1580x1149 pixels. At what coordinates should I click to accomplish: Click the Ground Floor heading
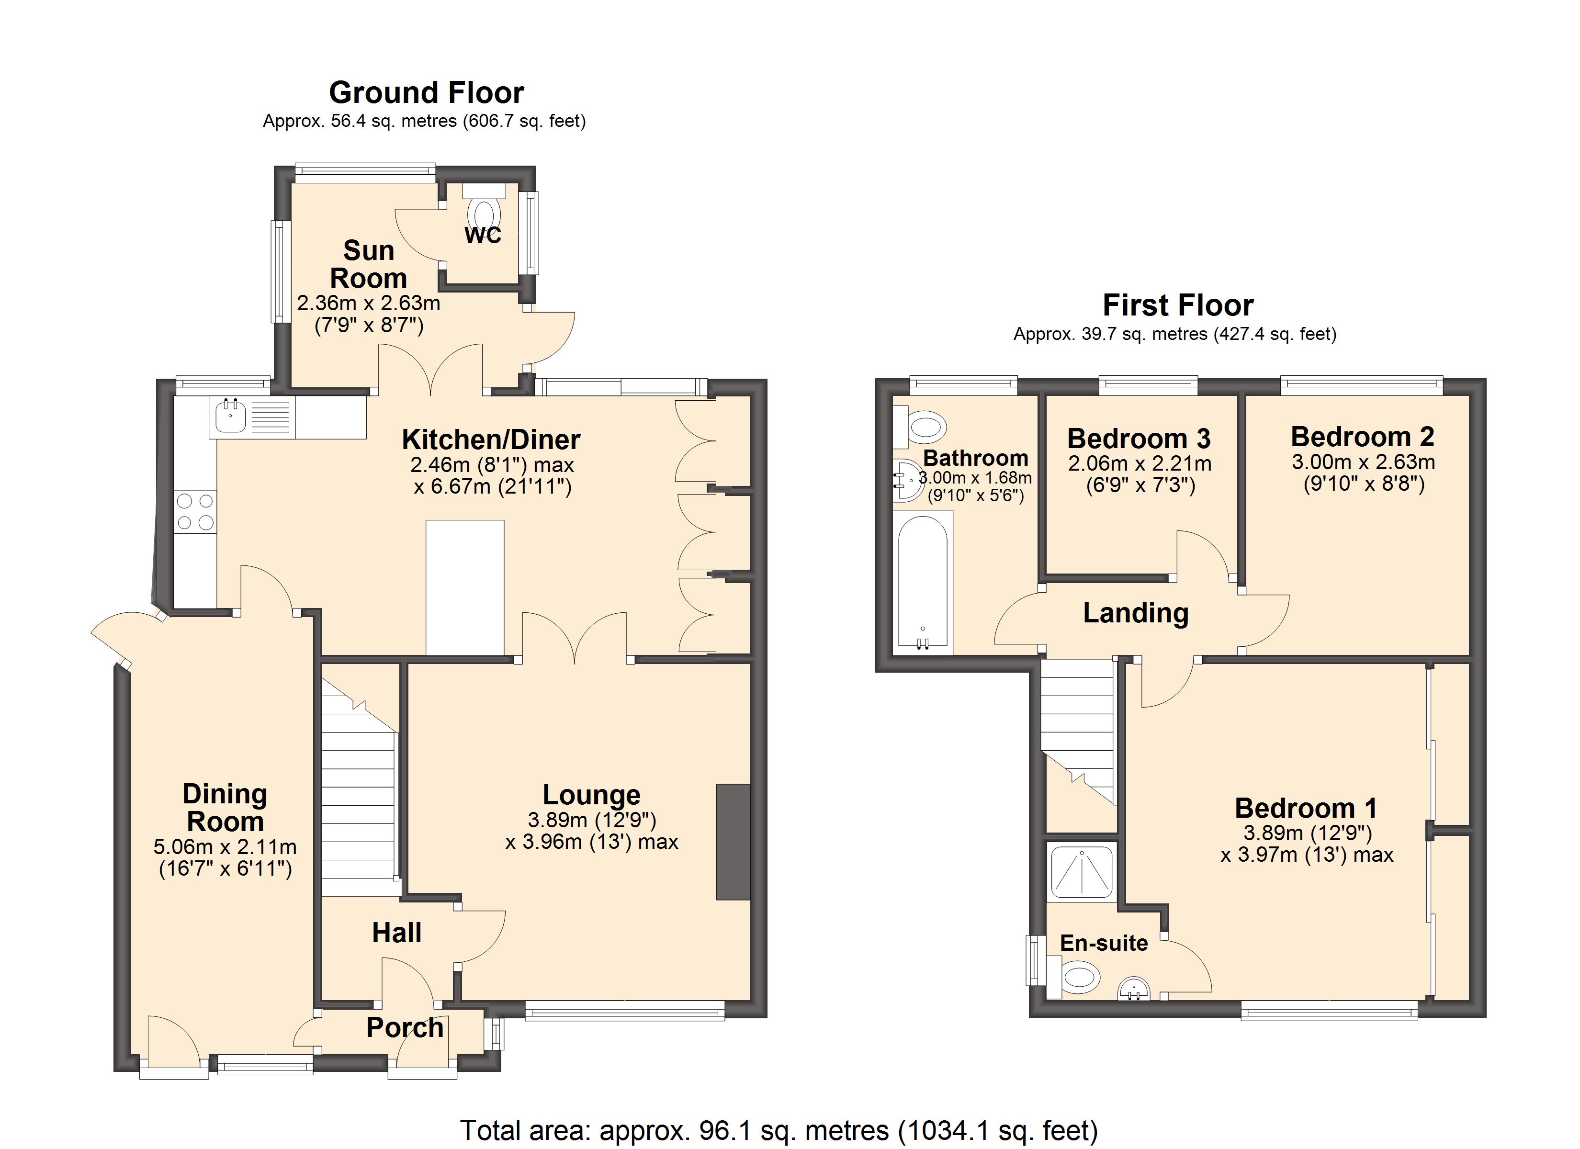click(x=426, y=93)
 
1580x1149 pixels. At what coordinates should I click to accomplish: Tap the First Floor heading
click(x=1178, y=305)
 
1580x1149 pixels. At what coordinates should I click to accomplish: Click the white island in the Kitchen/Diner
click(x=465, y=587)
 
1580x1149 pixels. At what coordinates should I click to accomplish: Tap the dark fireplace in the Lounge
click(x=734, y=842)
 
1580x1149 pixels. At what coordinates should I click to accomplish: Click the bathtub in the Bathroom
click(x=922, y=582)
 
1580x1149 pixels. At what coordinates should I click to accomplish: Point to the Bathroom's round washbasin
click(x=908, y=480)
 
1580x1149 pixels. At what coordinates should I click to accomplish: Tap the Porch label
click(x=405, y=1028)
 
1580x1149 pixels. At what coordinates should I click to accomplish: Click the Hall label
click(x=396, y=933)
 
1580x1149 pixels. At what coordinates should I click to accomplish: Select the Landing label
click(x=1136, y=613)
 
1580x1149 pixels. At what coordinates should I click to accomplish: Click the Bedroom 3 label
click(x=1139, y=439)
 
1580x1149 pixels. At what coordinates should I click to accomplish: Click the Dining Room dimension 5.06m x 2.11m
click(x=225, y=847)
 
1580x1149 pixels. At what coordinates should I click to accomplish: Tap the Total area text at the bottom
click(x=779, y=1130)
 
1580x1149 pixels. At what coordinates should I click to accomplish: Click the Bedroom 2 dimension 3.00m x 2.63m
click(x=1363, y=462)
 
